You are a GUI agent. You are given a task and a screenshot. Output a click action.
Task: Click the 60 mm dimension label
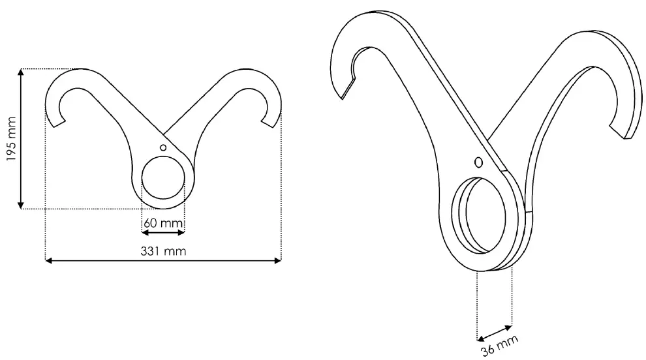coord(163,223)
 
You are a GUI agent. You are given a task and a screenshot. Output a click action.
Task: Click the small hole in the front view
coord(163,147)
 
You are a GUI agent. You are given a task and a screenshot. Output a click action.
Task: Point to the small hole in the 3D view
coord(478,162)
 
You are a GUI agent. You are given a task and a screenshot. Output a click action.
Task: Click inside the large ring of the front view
coord(163,177)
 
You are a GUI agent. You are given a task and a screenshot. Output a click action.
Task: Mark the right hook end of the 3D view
coord(628,135)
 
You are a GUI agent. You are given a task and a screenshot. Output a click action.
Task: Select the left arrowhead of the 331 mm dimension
coord(48,261)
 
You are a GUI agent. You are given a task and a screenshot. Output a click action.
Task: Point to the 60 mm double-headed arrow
coord(163,232)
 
